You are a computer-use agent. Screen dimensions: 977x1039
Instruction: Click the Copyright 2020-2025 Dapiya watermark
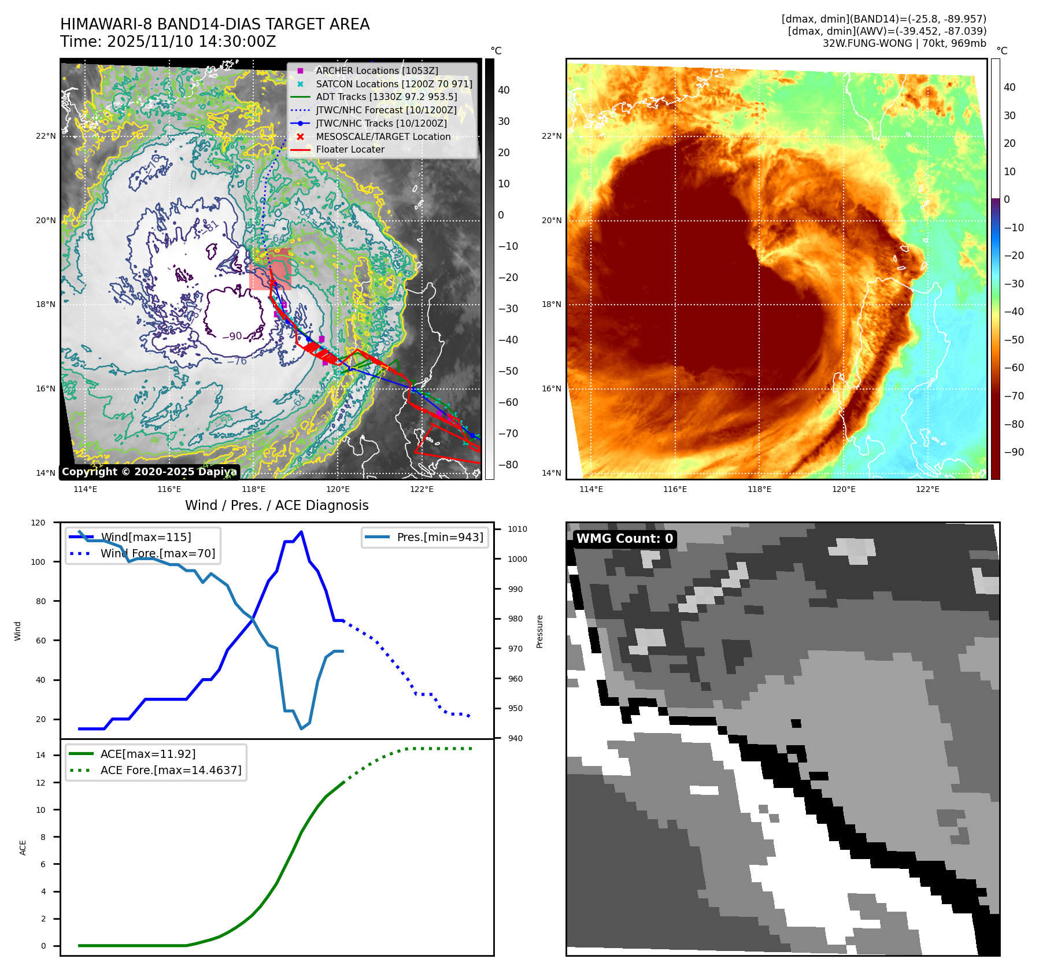coord(149,472)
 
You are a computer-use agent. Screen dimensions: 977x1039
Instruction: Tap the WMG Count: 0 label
coord(624,539)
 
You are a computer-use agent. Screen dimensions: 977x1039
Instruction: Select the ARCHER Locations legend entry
coord(376,71)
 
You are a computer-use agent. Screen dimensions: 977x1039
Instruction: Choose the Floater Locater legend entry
coord(350,149)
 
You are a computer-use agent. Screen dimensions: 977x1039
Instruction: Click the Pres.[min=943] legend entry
coord(439,537)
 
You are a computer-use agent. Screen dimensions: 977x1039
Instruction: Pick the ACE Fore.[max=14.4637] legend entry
coord(171,770)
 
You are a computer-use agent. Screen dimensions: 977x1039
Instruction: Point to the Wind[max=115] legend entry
coord(146,537)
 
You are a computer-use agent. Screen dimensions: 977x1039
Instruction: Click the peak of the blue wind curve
coord(301,532)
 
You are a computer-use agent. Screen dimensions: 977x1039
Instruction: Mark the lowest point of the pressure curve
coord(301,728)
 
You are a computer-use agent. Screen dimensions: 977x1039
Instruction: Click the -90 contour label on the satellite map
coord(232,336)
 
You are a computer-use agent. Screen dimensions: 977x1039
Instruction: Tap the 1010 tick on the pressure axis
coord(517,529)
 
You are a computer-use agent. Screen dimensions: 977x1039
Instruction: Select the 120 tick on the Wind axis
coord(38,523)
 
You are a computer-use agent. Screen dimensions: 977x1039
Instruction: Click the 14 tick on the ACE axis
coord(41,755)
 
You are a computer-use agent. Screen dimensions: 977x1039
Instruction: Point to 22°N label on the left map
coord(46,136)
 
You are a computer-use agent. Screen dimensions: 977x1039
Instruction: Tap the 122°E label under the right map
coord(927,489)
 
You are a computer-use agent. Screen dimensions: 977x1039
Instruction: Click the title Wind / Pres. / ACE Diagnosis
coord(276,505)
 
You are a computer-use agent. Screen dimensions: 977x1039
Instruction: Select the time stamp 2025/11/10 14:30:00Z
coord(191,42)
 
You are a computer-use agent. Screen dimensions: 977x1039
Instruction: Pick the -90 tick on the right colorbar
coord(1014,452)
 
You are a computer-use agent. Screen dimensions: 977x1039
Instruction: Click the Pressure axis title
coord(539,631)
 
